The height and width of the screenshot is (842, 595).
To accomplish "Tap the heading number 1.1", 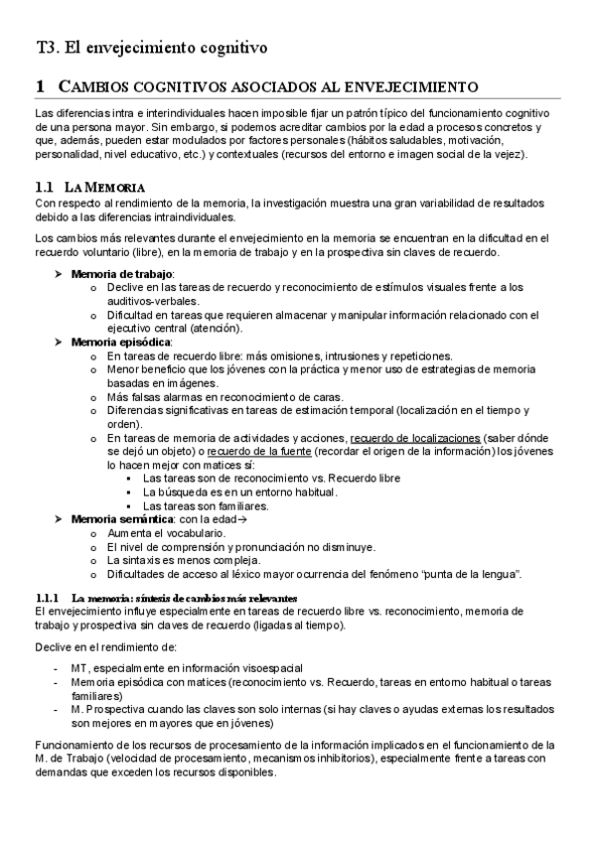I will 43,188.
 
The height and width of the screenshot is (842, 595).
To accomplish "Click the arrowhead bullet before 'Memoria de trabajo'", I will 58,273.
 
